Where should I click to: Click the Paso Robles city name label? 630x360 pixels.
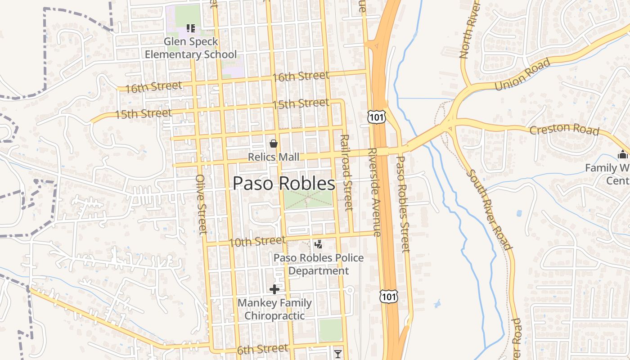tap(283, 184)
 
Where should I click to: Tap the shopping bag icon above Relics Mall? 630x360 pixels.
tap(273, 144)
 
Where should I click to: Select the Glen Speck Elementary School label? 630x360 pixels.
tap(190, 48)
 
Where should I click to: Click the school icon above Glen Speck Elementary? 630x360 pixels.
tap(190, 28)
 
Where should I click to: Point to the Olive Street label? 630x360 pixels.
tap(201, 204)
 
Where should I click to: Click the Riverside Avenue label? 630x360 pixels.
tap(374, 192)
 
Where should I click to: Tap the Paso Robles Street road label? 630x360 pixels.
tap(403, 204)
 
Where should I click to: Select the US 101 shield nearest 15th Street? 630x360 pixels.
tap(375, 116)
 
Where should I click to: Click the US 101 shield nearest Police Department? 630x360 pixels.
tap(388, 296)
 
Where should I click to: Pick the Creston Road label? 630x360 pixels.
tap(564, 130)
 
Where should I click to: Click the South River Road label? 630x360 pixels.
tap(489, 209)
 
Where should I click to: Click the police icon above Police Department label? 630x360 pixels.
tap(319, 244)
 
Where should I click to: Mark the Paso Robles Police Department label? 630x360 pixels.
tap(319, 264)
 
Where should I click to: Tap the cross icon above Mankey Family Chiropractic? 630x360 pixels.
tap(274, 289)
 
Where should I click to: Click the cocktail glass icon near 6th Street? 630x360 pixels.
tap(338, 354)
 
